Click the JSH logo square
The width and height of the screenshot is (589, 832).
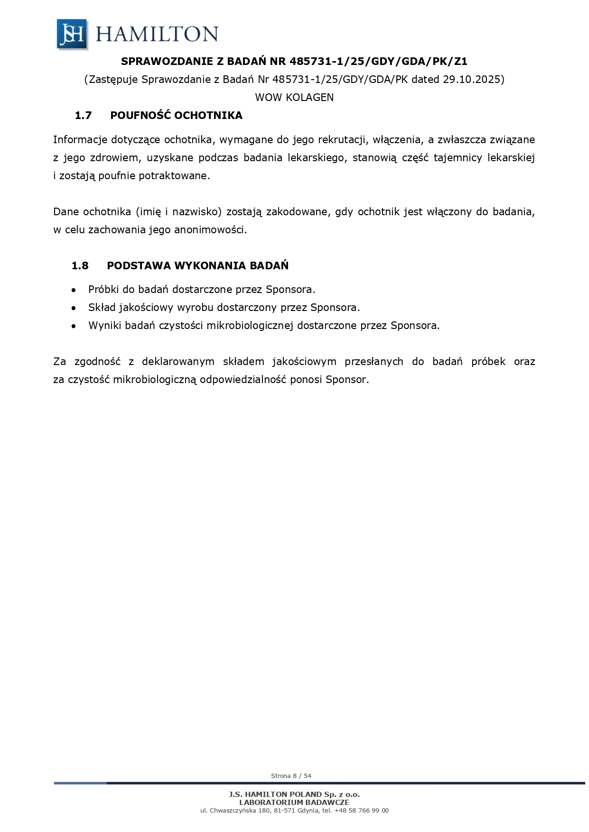click(x=72, y=34)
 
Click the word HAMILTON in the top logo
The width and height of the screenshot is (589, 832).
click(x=157, y=34)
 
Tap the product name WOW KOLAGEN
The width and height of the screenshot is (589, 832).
click(x=294, y=97)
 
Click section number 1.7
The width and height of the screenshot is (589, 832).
click(x=83, y=115)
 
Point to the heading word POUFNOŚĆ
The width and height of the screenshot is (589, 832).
click(x=140, y=115)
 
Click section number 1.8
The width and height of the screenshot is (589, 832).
click(x=80, y=265)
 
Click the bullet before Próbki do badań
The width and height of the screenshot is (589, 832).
click(x=73, y=290)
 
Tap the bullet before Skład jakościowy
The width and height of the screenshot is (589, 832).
click(x=73, y=308)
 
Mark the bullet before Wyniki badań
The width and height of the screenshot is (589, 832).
click(x=73, y=326)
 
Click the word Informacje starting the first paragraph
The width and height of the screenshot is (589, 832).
click(x=80, y=140)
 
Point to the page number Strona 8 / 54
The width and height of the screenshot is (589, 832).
click(x=291, y=776)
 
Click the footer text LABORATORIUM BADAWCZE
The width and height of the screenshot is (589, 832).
click(x=294, y=802)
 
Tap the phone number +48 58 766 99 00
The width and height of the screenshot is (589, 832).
click(x=361, y=810)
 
